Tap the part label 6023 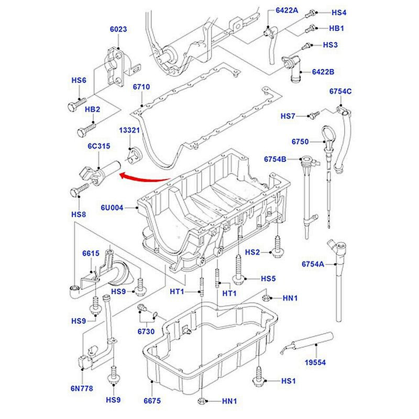coord(118,30)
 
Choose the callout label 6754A coord(313,264)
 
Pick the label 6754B coord(275,158)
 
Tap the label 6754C coord(340,92)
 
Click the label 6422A coord(287,10)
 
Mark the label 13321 coord(129,130)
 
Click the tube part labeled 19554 coord(301,343)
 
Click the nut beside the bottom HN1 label coord(202,402)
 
